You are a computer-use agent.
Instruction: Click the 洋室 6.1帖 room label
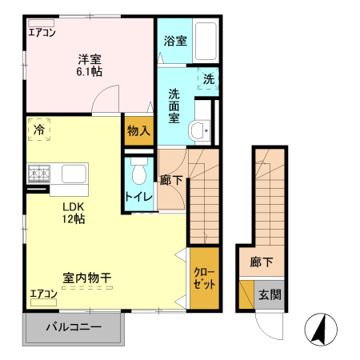pos(90,65)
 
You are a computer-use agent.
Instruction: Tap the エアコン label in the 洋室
pos(42,33)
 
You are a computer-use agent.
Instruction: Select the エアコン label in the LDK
pos(43,294)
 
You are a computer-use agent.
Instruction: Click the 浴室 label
pos(175,40)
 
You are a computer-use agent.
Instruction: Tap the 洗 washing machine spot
pos(208,80)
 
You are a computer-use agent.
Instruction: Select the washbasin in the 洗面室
pos(198,130)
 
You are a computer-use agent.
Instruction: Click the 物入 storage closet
pos(138,130)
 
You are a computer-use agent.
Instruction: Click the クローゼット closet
pos(203,278)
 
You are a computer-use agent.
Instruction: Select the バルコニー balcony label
pos(73,327)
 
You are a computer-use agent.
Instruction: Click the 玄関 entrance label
pos(269,294)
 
